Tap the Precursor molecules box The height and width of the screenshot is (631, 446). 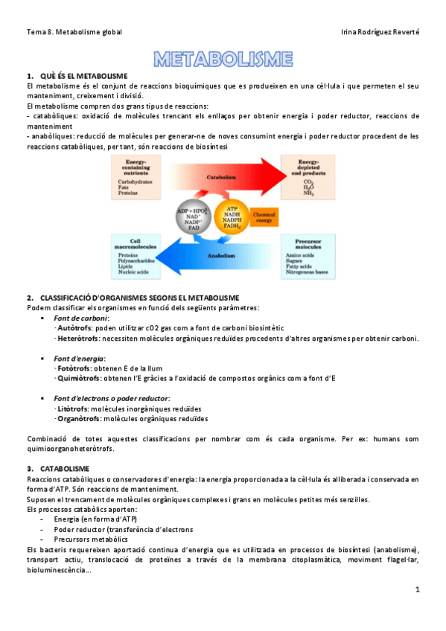[306, 257]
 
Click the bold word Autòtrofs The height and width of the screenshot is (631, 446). [75, 327]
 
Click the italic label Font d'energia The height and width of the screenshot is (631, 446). [79, 359]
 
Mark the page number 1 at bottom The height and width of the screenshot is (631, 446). [418, 589]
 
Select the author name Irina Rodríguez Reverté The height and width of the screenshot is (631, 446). [380, 32]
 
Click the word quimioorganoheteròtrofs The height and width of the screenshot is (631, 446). [72, 448]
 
